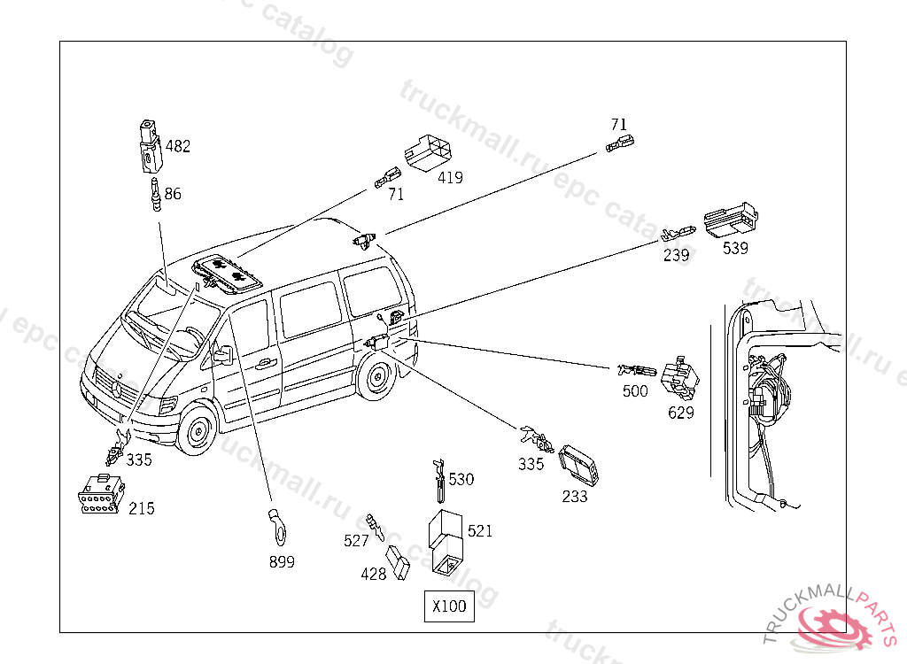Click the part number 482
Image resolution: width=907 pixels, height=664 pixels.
[177, 146]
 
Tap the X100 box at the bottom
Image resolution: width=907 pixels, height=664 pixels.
[449, 607]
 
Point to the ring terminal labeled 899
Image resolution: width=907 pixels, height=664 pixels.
[277, 526]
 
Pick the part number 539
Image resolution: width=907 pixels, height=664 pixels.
[735, 248]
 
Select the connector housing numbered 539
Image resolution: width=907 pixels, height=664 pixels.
[733, 219]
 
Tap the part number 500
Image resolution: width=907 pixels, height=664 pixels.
[635, 391]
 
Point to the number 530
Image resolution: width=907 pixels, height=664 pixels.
[461, 479]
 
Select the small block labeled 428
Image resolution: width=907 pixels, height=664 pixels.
[399, 563]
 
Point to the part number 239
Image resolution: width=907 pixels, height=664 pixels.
[677, 255]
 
